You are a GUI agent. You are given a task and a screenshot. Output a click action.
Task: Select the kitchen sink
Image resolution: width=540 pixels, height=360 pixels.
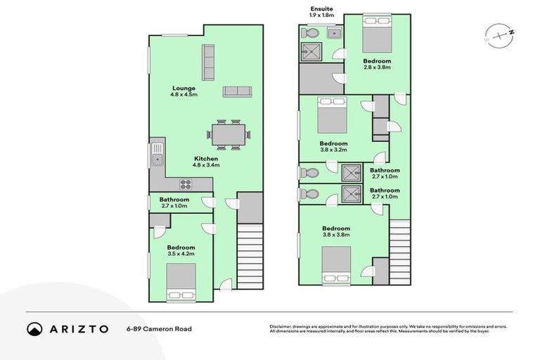157,153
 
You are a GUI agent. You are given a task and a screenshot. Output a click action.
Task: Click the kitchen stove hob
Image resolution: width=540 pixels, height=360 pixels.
186,185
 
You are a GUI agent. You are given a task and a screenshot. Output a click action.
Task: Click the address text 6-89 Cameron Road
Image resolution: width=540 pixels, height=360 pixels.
159,328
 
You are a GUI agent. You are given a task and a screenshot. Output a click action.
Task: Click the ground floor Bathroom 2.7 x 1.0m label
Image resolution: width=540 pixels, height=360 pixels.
174,203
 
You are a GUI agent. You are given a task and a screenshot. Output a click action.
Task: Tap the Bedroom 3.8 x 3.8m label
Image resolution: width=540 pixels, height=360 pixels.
336,232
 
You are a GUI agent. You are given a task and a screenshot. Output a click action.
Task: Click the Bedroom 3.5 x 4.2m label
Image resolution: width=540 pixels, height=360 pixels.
181,250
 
